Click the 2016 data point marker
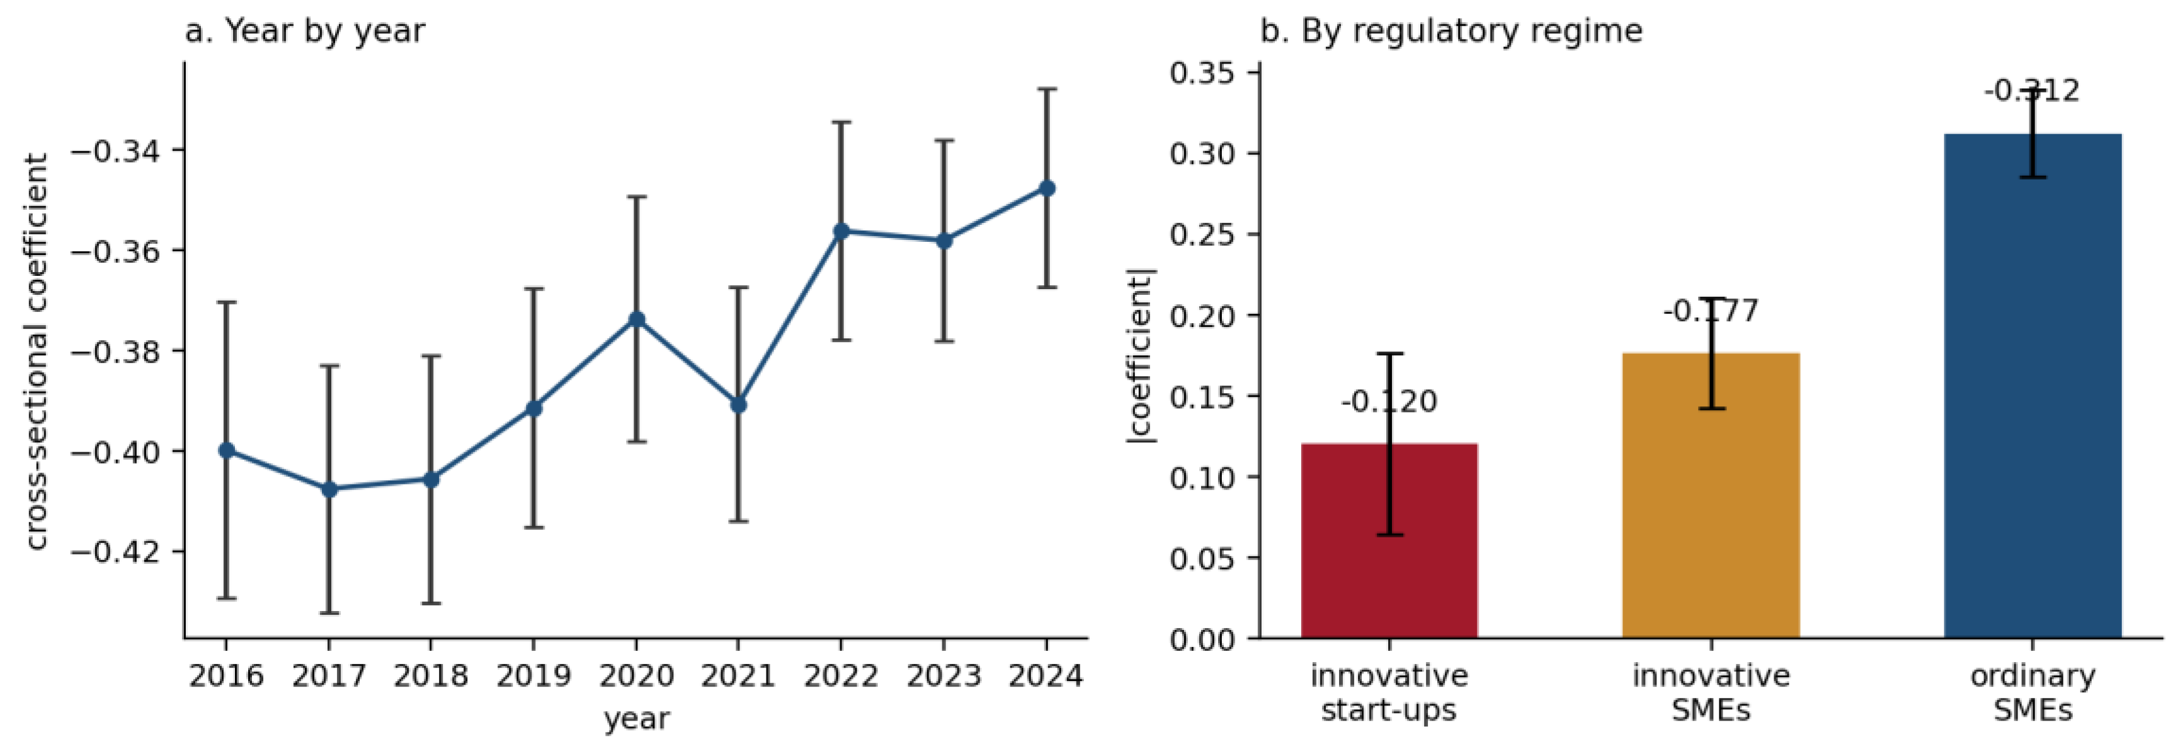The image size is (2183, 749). coord(226,450)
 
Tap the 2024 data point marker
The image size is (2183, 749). coord(1047,188)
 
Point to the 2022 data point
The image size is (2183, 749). coord(841,231)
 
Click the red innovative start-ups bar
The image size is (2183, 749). coord(1389,540)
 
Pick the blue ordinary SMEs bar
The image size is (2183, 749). coord(2033,386)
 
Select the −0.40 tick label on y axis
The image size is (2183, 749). coord(116,452)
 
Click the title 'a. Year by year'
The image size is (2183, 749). coord(305,30)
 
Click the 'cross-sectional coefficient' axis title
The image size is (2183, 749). coord(36,352)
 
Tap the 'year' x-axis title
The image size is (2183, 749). coord(636,719)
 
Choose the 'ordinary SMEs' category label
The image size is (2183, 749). coord(2033,692)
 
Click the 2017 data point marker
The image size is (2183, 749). coord(329,489)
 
